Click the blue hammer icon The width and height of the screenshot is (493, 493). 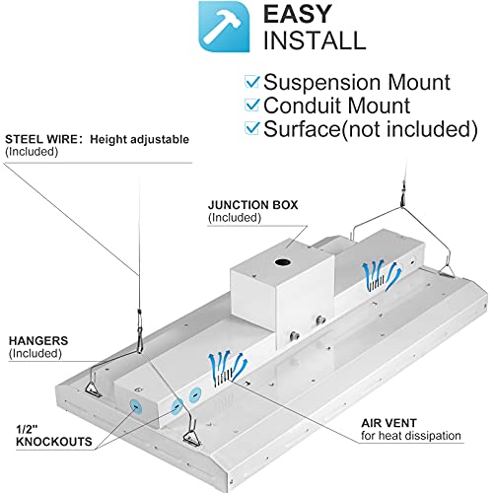tap(224, 27)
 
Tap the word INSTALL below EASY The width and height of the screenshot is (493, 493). tap(314, 40)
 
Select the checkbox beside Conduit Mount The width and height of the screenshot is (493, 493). tap(252, 105)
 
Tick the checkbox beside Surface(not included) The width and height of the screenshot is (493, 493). tap(252, 129)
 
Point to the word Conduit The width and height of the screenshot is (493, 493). tap(305, 105)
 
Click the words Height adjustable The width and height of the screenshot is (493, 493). tap(139, 139)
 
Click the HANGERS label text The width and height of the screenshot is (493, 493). tap(36, 339)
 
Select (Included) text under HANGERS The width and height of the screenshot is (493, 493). tap(31, 353)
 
